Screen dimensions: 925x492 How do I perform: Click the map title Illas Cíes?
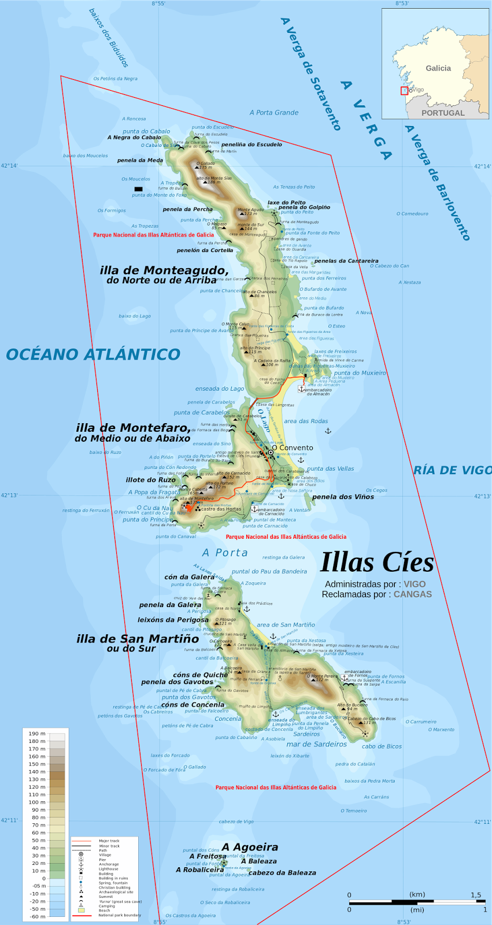(377, 563)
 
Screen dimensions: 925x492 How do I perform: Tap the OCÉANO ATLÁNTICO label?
(93, 354)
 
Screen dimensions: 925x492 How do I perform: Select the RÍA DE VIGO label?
(452, 471)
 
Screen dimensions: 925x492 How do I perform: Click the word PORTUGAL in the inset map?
(443, 113)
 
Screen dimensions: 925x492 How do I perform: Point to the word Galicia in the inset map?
(438, 68)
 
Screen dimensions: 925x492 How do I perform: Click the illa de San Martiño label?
(138, 639)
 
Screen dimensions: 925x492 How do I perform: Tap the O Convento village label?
(293, 447)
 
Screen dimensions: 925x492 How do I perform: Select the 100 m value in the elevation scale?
(37, 802)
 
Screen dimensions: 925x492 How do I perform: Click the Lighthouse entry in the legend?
(108, 869)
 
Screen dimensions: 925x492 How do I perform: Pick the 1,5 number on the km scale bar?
(475, 895)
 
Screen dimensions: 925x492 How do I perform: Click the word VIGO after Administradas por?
(415, 584)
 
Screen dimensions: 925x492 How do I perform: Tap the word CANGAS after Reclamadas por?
(413, 594)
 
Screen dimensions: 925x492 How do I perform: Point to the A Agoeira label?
(250, 847)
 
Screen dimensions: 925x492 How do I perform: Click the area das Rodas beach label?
(306, 421)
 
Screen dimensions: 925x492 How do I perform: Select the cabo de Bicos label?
(382, 746)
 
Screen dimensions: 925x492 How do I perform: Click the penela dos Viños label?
(343, 497)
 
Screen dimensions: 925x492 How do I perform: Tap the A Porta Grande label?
(274, 113)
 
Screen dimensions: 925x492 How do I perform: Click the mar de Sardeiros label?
(317, 744)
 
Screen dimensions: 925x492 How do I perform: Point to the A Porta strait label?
(225, 553)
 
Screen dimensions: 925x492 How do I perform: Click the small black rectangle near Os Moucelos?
(138, 189)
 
